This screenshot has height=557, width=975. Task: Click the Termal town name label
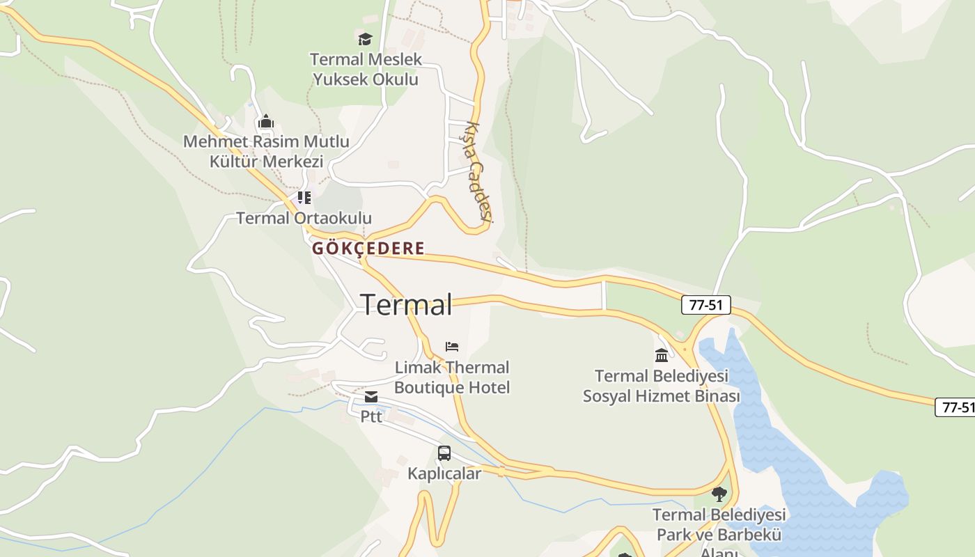coord(406,305)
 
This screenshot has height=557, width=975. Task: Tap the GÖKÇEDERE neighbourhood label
coord(368,249)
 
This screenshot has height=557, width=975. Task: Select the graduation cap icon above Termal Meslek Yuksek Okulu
coord(365,39)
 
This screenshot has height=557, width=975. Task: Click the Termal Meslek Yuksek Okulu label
coord(366,69)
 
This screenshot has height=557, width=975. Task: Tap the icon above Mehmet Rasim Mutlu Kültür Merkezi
coord(265,122)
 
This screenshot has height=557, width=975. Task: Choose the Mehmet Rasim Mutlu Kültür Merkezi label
coord(266,151)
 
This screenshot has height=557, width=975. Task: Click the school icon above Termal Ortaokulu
coord(304,198)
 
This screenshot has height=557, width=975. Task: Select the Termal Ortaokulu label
coord(304,218)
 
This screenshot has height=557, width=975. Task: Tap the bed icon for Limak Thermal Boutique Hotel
coord(452,346)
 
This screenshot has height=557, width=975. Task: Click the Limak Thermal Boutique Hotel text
coord(452,377)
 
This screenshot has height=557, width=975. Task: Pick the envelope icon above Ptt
coord(371,397)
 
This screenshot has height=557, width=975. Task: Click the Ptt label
coord(371,416)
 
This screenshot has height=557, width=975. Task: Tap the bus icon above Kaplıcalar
coord(444,453)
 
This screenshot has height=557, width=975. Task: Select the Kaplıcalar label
coord(444,473)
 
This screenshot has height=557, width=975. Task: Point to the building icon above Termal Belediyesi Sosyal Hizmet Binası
coord(662,356)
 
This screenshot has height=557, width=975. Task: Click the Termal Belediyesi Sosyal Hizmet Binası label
coord(661,386)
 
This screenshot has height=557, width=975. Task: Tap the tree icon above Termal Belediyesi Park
coord(719,494)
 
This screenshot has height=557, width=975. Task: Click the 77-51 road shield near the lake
coord(706,304)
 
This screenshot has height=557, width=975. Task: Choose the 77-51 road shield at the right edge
coord(955,407)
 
